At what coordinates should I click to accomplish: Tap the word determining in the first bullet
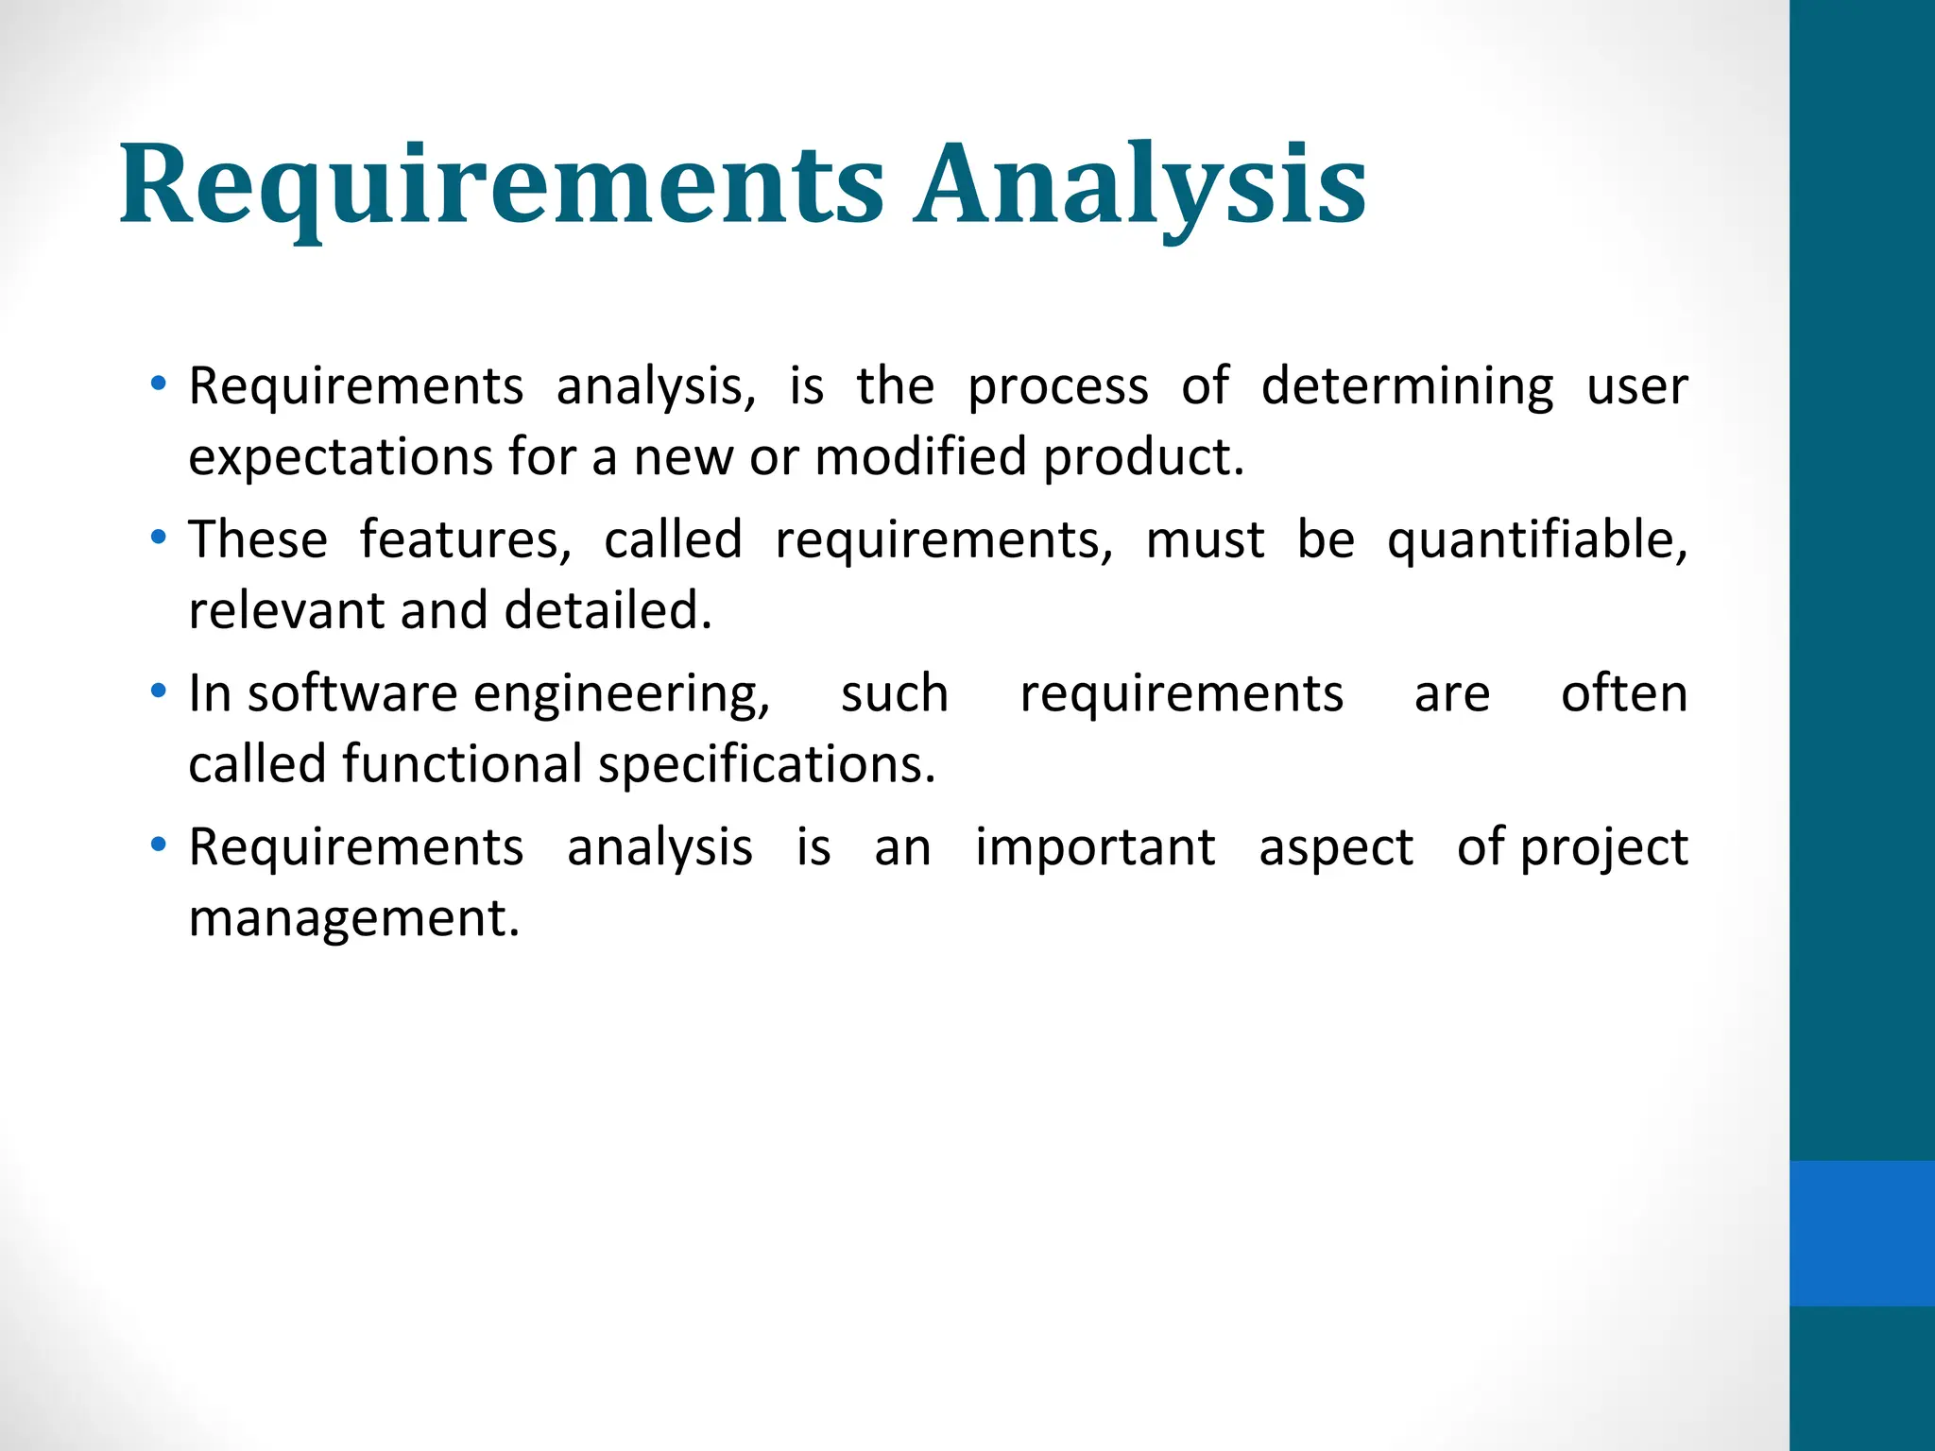point(1406,387)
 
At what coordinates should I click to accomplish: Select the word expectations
point(338,457)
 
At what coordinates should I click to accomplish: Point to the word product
point(1142,457)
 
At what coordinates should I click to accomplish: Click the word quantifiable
point(1536,540)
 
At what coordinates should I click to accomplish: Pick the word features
point(465,540)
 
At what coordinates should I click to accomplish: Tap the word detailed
point(608,610)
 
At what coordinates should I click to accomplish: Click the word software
point(351,693)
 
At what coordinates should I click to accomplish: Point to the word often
point(1623,693)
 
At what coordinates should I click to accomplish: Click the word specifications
point(766,764)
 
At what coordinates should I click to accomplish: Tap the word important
point(1095,847)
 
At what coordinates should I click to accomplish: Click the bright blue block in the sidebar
point(1861,1233)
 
